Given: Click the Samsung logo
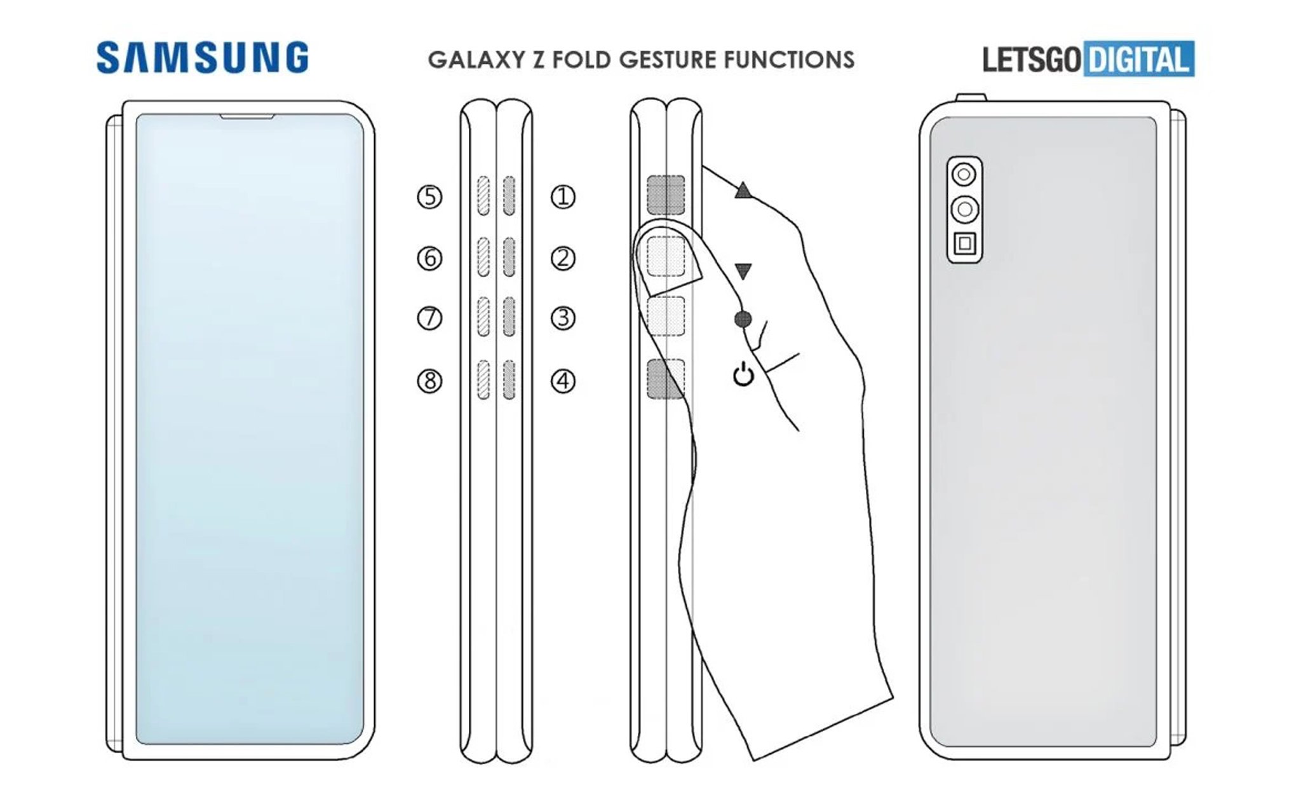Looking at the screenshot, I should coord(202,58).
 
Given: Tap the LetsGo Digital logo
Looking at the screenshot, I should coord(1088,59).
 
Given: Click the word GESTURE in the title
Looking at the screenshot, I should coord(668,60).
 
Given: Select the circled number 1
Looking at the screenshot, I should coord(562,197).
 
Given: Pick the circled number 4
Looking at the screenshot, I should coord(562,381).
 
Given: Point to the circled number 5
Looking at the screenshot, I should coord(429,197).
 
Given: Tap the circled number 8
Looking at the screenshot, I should coord(429,381).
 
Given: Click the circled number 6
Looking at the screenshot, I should coord(429,258).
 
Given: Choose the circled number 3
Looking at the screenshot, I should coord(562,318).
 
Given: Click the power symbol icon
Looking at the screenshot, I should coord(743,375).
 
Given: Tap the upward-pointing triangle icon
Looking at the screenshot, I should coord(743,190).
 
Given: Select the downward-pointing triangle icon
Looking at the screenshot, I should coord(743,271).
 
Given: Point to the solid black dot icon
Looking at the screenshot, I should coord(743,319).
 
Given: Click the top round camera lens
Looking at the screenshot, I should coord(964,174).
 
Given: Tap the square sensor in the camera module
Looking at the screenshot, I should coord(964,243).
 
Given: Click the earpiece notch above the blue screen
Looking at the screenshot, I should coord(247,116).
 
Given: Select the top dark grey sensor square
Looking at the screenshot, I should coord(666,195).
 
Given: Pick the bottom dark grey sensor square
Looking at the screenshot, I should coord(666,379).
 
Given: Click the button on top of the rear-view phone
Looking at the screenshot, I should coord(971,97).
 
